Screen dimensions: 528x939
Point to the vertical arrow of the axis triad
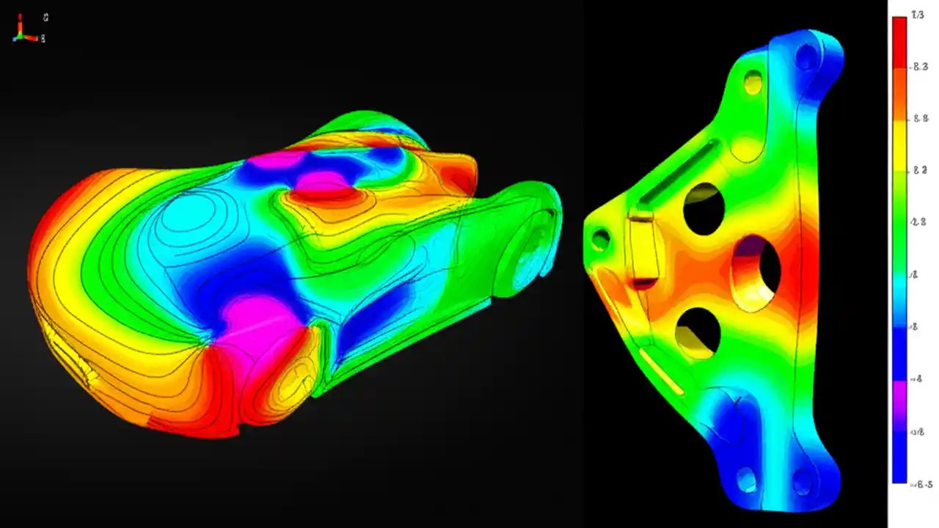21,23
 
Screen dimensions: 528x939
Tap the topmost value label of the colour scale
917,15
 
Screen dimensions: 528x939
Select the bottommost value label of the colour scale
920,484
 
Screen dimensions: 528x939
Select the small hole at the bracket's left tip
600,239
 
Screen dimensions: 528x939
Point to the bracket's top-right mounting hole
805,56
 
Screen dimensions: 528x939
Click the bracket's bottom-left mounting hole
746,480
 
